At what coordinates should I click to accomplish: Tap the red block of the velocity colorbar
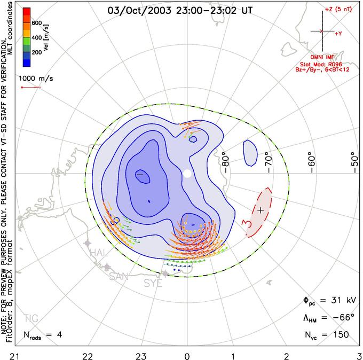coord(26,14)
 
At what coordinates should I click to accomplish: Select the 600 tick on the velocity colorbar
coord(37,23)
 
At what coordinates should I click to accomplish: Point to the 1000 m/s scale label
coord(37,78)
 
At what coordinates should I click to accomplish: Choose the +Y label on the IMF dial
coord(338,33)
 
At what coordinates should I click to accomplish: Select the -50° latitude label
coord(354,159)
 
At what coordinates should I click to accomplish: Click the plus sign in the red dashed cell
coord(261,210)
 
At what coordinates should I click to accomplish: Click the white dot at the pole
coord(187,174)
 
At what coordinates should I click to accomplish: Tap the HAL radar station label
coord(100,253)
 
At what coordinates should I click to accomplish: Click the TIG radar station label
coord(31,319)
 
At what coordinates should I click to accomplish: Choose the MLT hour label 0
coord(187,354)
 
